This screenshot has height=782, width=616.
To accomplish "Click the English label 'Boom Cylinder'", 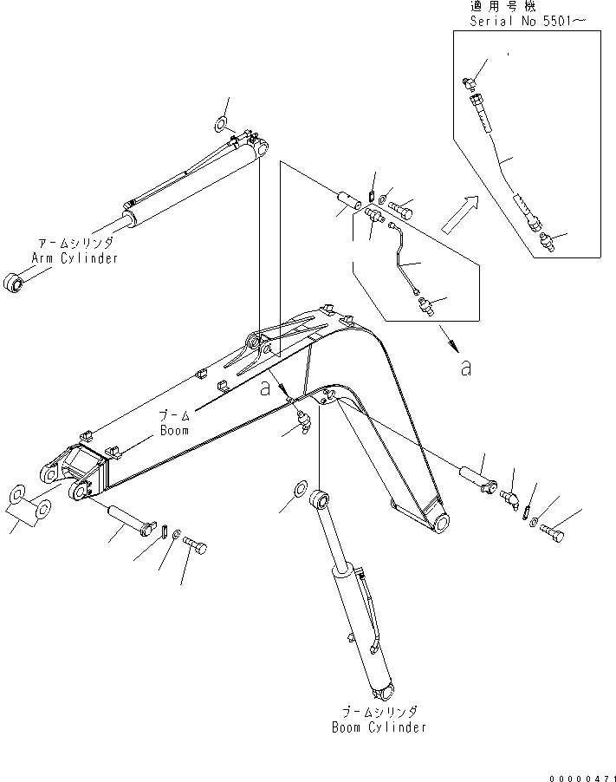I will (379, 727).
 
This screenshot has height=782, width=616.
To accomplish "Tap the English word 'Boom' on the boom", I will (173, 429).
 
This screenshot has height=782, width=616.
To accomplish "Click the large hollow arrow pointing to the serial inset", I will (458, 214).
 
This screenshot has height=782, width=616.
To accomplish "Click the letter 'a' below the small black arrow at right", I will (465, 368).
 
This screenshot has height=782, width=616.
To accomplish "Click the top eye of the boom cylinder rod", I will (323, 499).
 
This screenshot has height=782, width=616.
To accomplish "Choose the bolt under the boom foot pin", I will (196, 548).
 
